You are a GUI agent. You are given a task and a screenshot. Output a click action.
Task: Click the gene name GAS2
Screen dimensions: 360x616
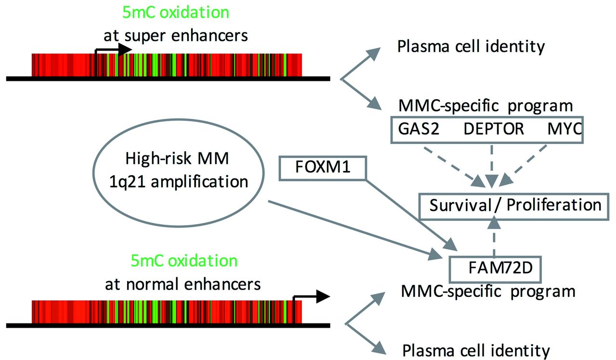coord(419,129)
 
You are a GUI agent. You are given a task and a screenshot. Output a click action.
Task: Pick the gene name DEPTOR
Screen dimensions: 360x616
coord(494,129)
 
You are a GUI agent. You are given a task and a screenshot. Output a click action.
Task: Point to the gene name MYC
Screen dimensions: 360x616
coord(564,129)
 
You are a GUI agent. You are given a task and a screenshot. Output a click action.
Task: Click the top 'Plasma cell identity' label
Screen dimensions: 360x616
coord(470,47)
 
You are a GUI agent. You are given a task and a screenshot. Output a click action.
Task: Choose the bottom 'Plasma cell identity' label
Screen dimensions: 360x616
coord(475,350)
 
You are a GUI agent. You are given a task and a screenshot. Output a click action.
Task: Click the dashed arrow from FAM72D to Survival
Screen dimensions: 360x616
coord(493,237)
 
